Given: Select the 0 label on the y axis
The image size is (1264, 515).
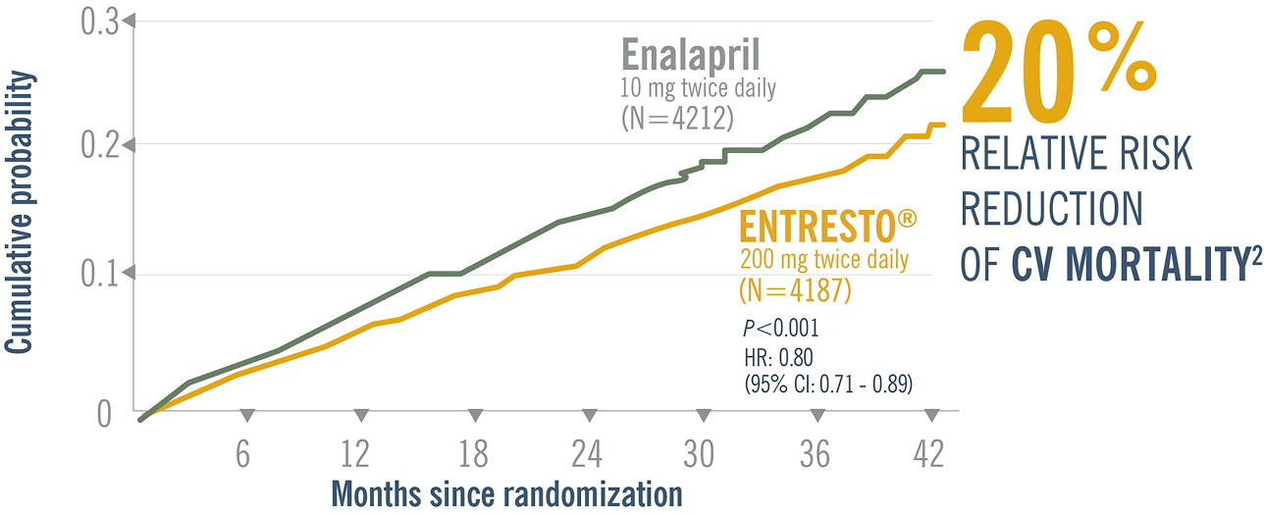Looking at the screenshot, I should [x=104, y=414].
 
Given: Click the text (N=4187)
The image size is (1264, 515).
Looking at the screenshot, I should [x=794, y=291].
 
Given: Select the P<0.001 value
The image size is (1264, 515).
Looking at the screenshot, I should [x=781, y=328].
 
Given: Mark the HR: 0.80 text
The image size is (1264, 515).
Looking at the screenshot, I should [x=779, y=355].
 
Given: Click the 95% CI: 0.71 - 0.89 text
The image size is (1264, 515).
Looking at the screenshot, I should [x=829, y=384].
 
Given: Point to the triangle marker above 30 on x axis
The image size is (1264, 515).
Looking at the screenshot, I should [x=703, y=414].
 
